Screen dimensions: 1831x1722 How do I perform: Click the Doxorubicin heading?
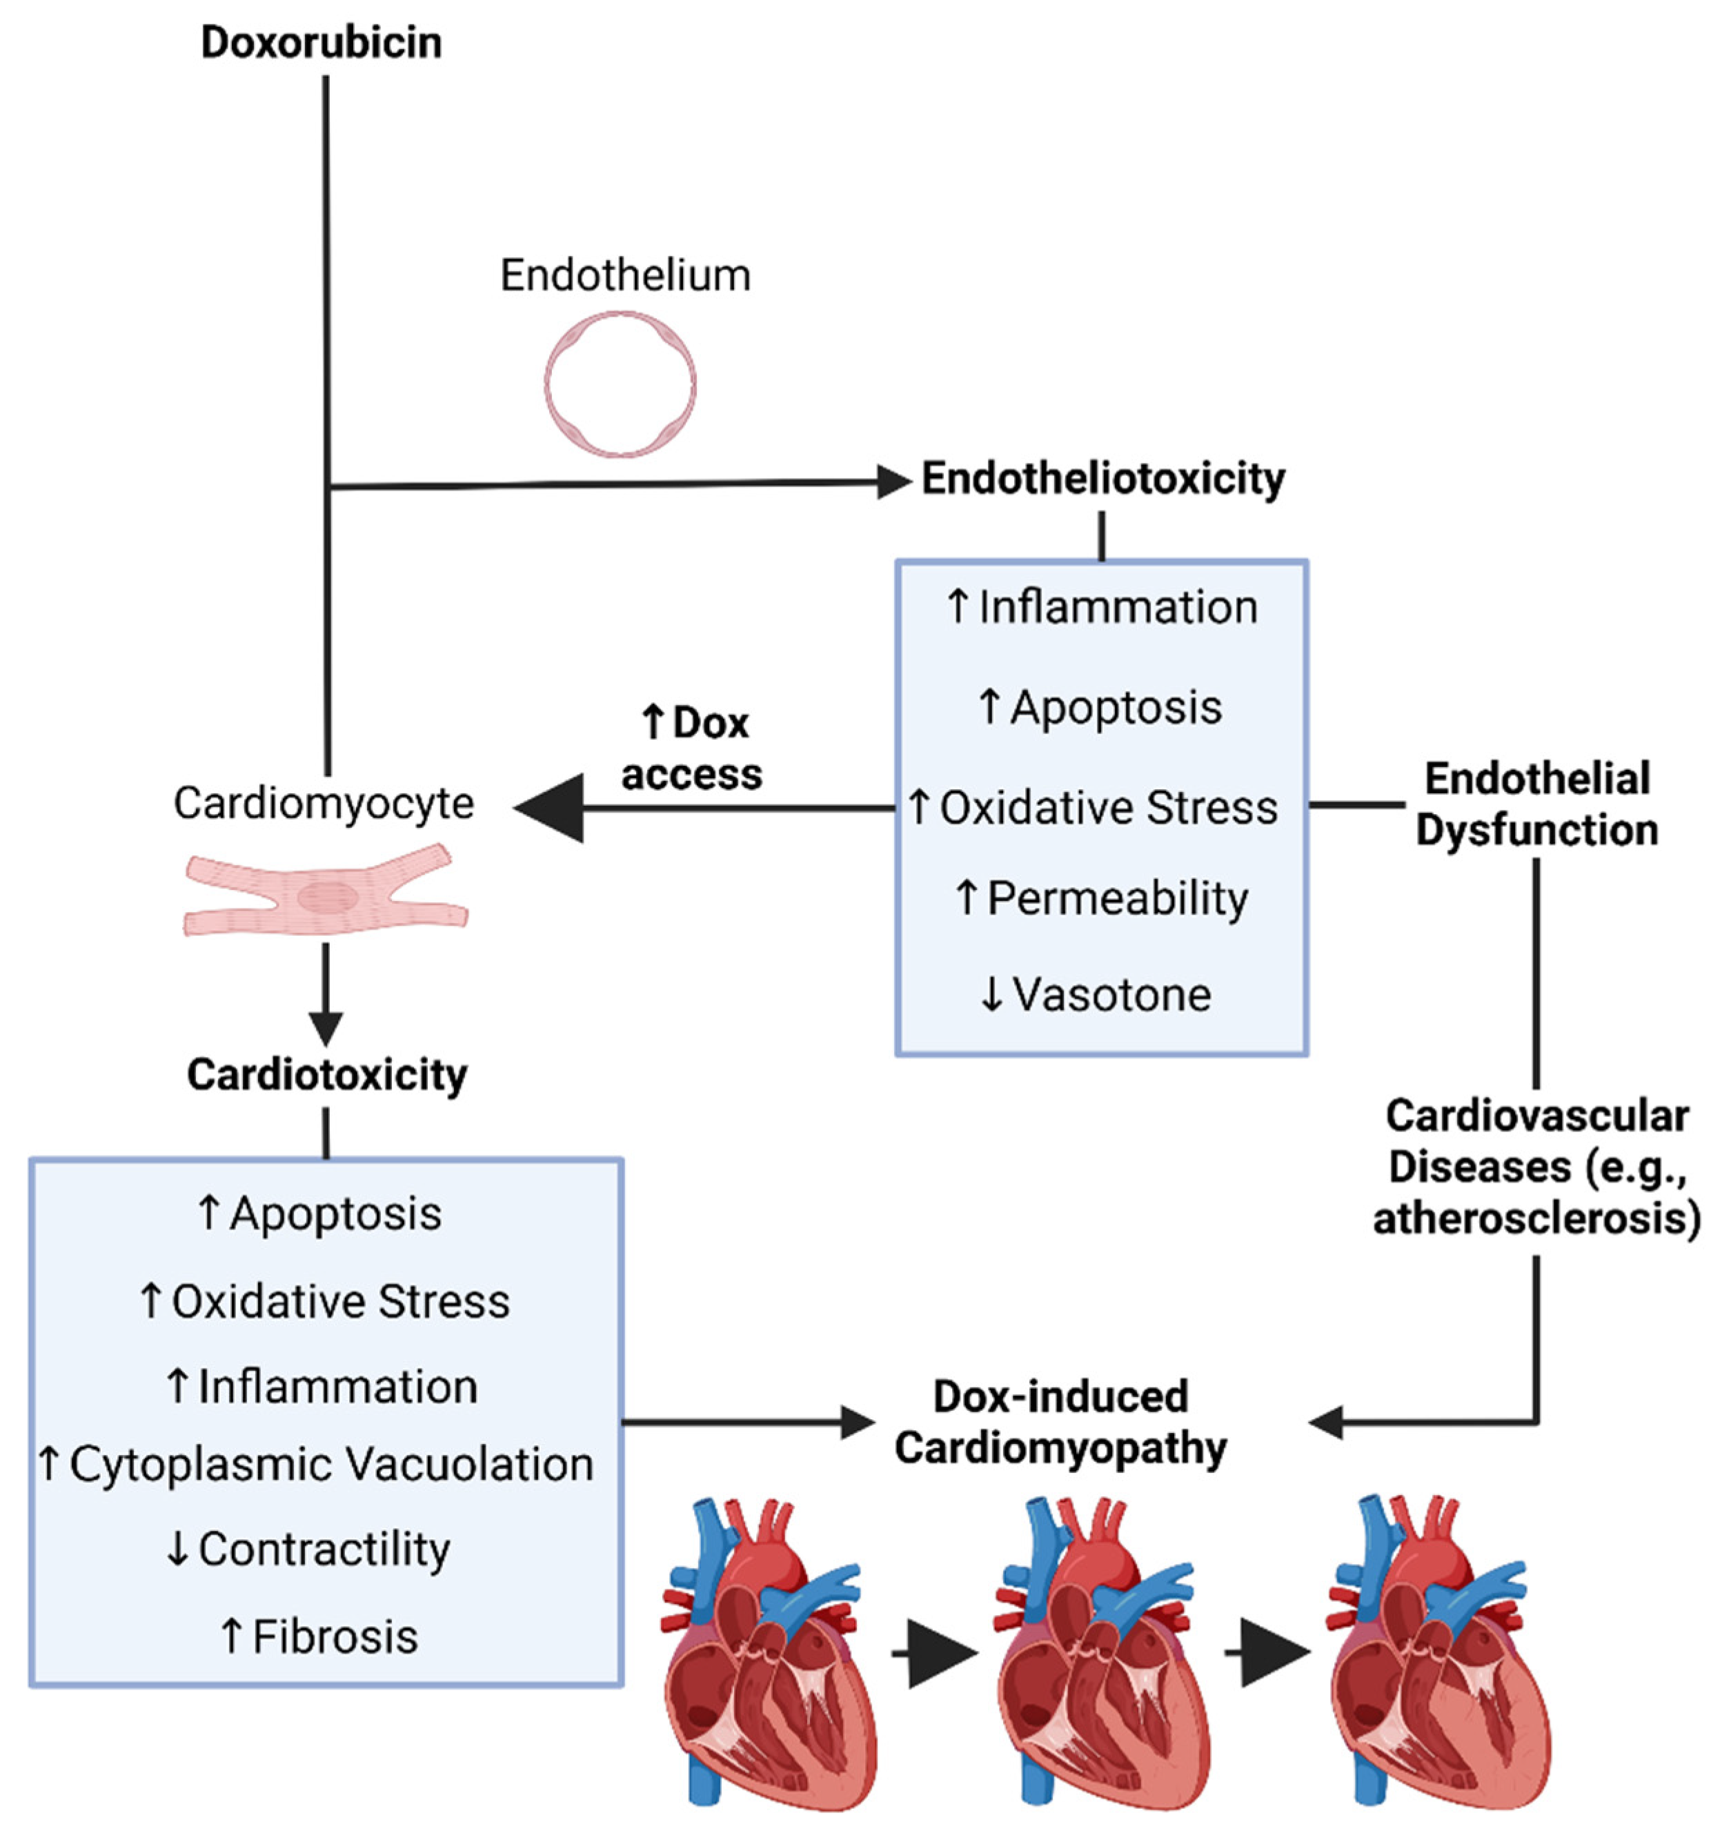(x=321, y=42)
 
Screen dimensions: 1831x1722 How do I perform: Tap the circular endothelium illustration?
(x=620, y=383)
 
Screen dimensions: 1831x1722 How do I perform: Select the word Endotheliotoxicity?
(x=1103, y=479)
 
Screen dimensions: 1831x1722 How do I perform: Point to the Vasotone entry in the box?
(x=1096, y=995)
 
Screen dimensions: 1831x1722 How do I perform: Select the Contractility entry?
(x=308, y=1549)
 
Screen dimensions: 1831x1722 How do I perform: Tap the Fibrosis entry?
(x=319, y=1636)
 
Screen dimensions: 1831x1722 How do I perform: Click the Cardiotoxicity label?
(x=327, y=1075)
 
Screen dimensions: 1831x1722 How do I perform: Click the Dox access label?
(x=693, y=749)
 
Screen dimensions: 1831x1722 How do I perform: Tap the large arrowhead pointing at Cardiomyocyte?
(x=551, y=808)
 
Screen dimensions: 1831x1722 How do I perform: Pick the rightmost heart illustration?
(x=1438, y=1658)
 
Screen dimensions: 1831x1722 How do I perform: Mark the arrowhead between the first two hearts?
(x=941, y=1653)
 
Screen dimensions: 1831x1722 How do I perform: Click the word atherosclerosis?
(x=1536, y=1218)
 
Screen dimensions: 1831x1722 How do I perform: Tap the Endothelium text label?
(x=625, y=275)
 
